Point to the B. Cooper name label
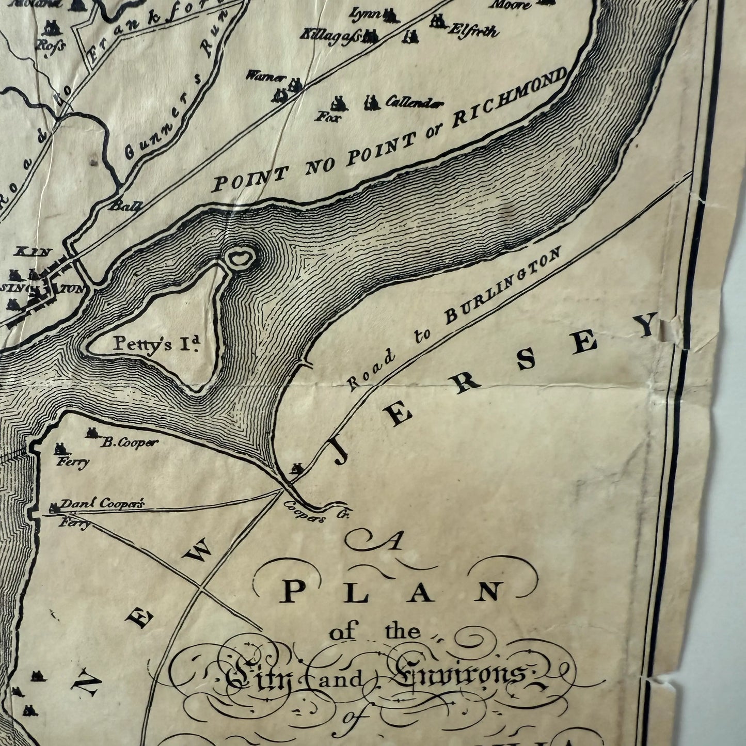pos(129,442)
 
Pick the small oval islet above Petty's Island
pos(240,257)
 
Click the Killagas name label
pos(331,37)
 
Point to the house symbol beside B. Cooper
pos(93,433)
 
